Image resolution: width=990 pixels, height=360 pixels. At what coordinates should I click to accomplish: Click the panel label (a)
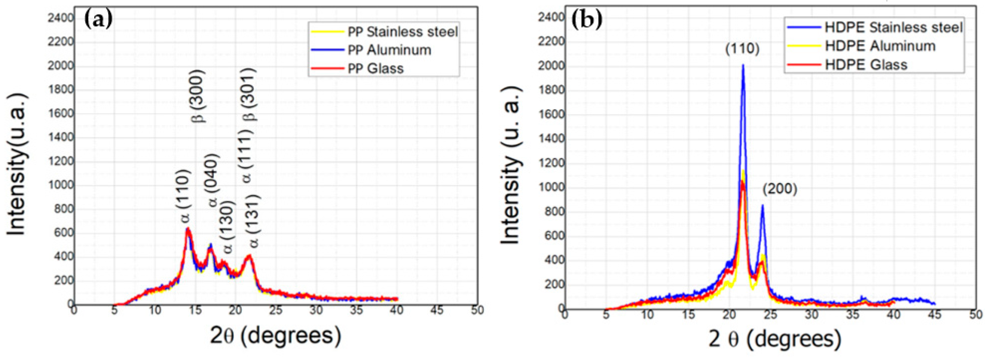point(98,19)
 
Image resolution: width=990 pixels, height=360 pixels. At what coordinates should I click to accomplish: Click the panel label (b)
point(587,19)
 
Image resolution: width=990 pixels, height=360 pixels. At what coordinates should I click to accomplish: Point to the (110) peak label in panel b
point(742,49)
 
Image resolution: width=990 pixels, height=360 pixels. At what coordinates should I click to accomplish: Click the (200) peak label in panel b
point(780,189)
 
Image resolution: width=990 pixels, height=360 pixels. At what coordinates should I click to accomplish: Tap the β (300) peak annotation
point(199,96)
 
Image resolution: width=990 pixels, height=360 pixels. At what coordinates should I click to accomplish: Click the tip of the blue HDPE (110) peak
point(743,65)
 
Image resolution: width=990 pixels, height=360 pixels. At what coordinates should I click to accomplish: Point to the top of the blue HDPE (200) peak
point(762,205)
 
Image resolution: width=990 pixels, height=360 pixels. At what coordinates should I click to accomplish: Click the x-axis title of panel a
point(275,335)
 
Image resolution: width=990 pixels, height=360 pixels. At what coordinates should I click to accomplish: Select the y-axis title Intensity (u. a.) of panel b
point(511,165)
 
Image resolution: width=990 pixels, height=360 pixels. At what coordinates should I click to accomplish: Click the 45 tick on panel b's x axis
point(935,315)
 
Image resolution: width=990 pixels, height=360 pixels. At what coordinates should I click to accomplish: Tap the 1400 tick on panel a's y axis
point(60,137)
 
